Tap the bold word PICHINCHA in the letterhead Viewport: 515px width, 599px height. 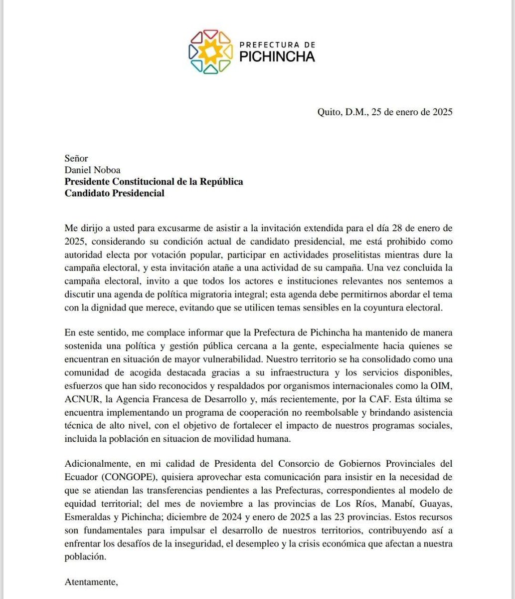(277, 56)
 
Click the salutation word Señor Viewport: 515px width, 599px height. (76, 158)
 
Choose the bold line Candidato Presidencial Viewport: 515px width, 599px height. (114, 193)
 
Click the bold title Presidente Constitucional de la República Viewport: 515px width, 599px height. (154, 182)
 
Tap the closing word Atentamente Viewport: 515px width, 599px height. (91, 581)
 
